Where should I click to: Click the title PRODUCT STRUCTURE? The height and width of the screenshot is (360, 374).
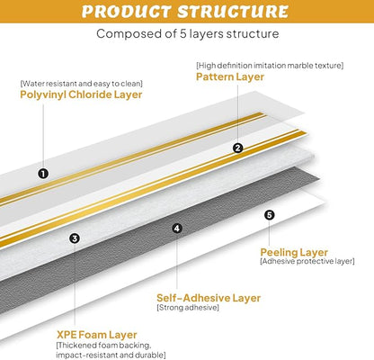[x=185, y=12]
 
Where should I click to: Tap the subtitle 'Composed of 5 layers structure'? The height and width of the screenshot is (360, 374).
[x=188, y=33]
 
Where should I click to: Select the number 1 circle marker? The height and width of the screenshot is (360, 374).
[x=43, y=174]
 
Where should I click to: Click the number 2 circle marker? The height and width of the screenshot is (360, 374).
[x=238, y=148]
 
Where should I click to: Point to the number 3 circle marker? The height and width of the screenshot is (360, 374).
[x=75, y=238]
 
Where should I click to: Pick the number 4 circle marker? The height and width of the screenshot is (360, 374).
[x=177, y=229]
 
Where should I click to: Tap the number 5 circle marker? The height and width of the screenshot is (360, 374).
[x=270, y=215]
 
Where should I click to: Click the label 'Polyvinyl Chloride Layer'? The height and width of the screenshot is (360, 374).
[x=81, y=94]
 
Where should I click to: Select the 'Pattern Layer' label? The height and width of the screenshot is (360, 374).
[x=230, y=76]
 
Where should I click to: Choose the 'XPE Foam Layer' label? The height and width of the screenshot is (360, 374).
[x=97, y=335]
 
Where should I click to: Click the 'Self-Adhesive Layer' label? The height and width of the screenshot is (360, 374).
[x=209, y=298]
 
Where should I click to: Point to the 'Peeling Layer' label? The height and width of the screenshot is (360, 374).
[x=294, y=252]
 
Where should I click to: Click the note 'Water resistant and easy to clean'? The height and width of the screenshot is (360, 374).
[x=81, y=84]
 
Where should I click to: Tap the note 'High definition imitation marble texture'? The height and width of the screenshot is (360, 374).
[x=270, y=66]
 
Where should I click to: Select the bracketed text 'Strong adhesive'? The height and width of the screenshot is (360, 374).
[x=188, y=308]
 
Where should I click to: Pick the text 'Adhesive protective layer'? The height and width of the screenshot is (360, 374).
[x=307, y=261]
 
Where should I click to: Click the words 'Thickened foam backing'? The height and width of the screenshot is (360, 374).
[x=104, y=346]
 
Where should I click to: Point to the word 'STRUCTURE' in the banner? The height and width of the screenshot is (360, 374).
[x=233, y=12]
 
